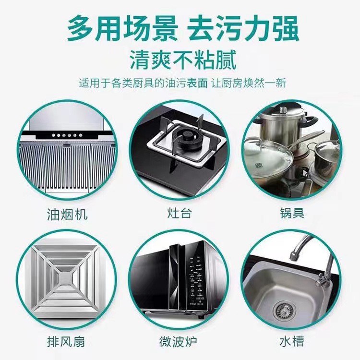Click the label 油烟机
click(67, 214)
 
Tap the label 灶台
click(180, 213)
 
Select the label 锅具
click(292, 213)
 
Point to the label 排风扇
click(66, 341)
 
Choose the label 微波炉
click(179, 341)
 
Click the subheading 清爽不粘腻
click(183, 60)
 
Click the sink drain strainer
click(284, 311)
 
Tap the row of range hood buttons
click(67, 135)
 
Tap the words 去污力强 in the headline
click(243, 28)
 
